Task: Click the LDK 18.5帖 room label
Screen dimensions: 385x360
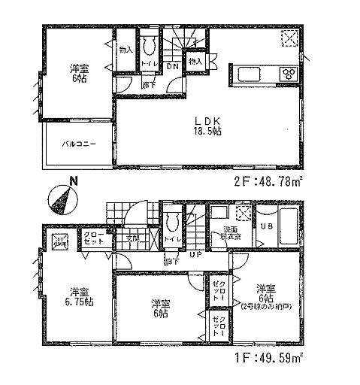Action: click(207, 125)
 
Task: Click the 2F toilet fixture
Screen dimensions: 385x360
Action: click(148, 47)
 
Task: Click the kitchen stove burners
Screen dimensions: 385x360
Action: click(289, 73)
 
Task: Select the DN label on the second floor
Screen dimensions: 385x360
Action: click(172, 66)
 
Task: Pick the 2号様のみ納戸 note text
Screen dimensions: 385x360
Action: click(263, 307)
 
